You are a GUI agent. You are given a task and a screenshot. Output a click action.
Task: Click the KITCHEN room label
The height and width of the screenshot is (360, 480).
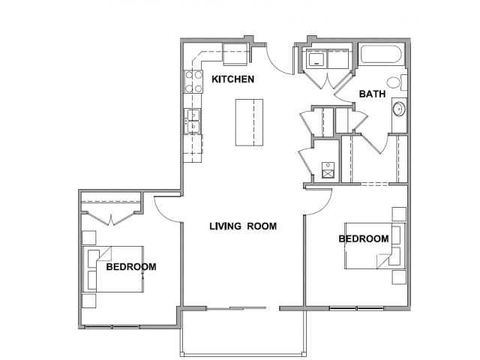[233, 79]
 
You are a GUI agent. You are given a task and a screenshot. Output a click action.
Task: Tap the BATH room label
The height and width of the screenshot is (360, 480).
[372, 94]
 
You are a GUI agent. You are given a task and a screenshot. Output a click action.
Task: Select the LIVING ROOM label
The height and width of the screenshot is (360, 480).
[243, 226]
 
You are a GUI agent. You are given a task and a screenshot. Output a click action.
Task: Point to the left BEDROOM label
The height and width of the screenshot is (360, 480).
[131, 267]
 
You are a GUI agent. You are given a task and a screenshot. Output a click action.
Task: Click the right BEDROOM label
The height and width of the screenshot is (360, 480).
[364, 238]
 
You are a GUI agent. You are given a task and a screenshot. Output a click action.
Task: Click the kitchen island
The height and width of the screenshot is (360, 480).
[249, 122]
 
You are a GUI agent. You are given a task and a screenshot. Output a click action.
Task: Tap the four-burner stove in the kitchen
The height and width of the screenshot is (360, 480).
[193, 82]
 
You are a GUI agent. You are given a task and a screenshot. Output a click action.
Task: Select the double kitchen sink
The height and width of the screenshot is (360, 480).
[193, 121]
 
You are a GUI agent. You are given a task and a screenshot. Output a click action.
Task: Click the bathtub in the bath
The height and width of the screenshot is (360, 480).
[381, 54]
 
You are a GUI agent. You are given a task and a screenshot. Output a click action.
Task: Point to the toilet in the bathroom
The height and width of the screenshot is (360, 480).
[397, 82]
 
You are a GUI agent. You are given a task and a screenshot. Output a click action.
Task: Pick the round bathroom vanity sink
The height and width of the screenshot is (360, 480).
[399, 109]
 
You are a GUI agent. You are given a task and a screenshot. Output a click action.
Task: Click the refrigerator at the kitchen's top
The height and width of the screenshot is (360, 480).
[235, 54]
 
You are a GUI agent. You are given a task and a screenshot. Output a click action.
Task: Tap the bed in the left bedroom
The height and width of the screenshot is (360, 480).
[113, 269]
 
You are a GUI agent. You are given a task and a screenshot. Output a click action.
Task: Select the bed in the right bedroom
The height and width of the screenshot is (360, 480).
[375, 246]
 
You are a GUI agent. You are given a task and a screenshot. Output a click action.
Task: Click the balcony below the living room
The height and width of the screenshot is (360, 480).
[243, 333]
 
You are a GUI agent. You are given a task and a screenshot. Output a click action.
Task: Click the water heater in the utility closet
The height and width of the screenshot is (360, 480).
[328, 170]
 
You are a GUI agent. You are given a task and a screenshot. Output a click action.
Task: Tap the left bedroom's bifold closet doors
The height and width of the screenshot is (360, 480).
[111, 218]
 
